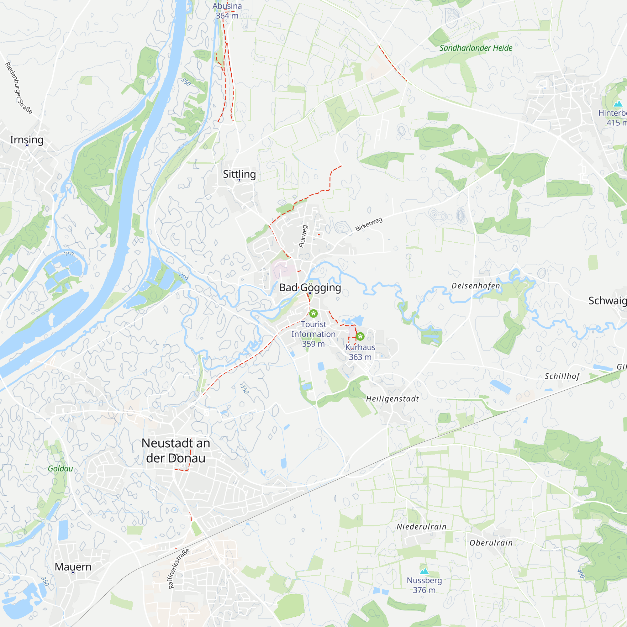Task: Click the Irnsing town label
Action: (27, 140)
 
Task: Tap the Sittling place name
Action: (239, 174)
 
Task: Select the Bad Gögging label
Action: (310, 287)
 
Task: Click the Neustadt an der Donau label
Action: (176, 450)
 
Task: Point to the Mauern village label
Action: (73, 566)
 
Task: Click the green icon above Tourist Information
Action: (313, 313)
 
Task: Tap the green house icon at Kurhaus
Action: (360, 336)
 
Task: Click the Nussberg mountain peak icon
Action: (424, 571)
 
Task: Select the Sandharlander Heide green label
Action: (476, 48)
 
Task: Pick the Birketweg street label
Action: (369, 224)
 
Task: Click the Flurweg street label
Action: (303, 236)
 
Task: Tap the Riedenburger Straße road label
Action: (19, 88)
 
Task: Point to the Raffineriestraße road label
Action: (178, 569)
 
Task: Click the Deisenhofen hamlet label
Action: (476, 286)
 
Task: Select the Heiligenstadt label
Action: (393, 399)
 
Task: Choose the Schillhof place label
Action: (562, 377)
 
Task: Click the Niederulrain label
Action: (422, 527)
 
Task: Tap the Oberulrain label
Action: (491, 543)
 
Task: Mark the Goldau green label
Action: (61, 469)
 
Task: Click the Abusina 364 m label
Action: (227, 11)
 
